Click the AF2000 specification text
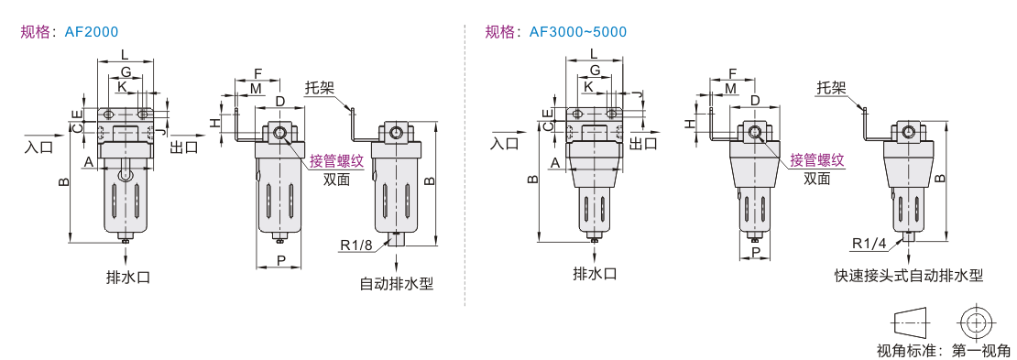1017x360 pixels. click(92, 32)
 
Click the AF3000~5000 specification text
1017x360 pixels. click(578, 32)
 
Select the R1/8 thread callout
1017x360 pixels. click(356, 245)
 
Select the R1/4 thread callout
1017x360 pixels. click(869, 244)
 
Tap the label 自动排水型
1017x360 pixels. click(397, 283)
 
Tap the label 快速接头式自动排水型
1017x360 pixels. click(909, 276)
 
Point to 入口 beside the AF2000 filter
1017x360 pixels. click(38, 147)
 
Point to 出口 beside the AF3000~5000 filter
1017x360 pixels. click(643, 143)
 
